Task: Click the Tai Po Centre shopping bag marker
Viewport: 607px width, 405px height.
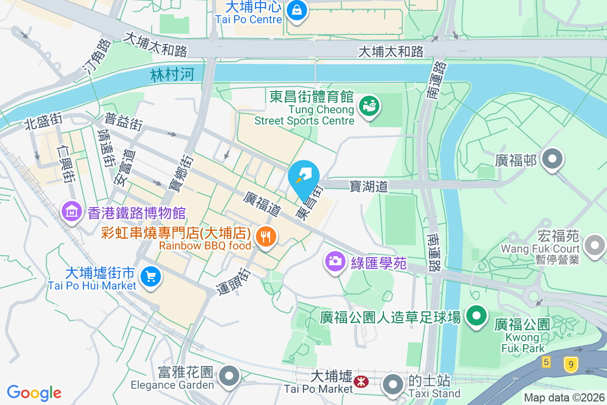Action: coord(297,10)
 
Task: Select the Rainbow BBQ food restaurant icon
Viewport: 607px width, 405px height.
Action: coord(265,236)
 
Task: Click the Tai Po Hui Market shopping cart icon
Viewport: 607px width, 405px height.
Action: coord(150,276)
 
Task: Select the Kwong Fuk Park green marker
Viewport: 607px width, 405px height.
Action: coord(476,317)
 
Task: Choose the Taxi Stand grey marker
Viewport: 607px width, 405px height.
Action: coord(393,384)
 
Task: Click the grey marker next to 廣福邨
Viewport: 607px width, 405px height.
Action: coord(552,160)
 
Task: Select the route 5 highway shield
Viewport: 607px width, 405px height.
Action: coord(546,362)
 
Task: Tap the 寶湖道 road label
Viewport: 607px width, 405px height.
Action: coord(369,186)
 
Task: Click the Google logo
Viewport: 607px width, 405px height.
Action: coord(34,392)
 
